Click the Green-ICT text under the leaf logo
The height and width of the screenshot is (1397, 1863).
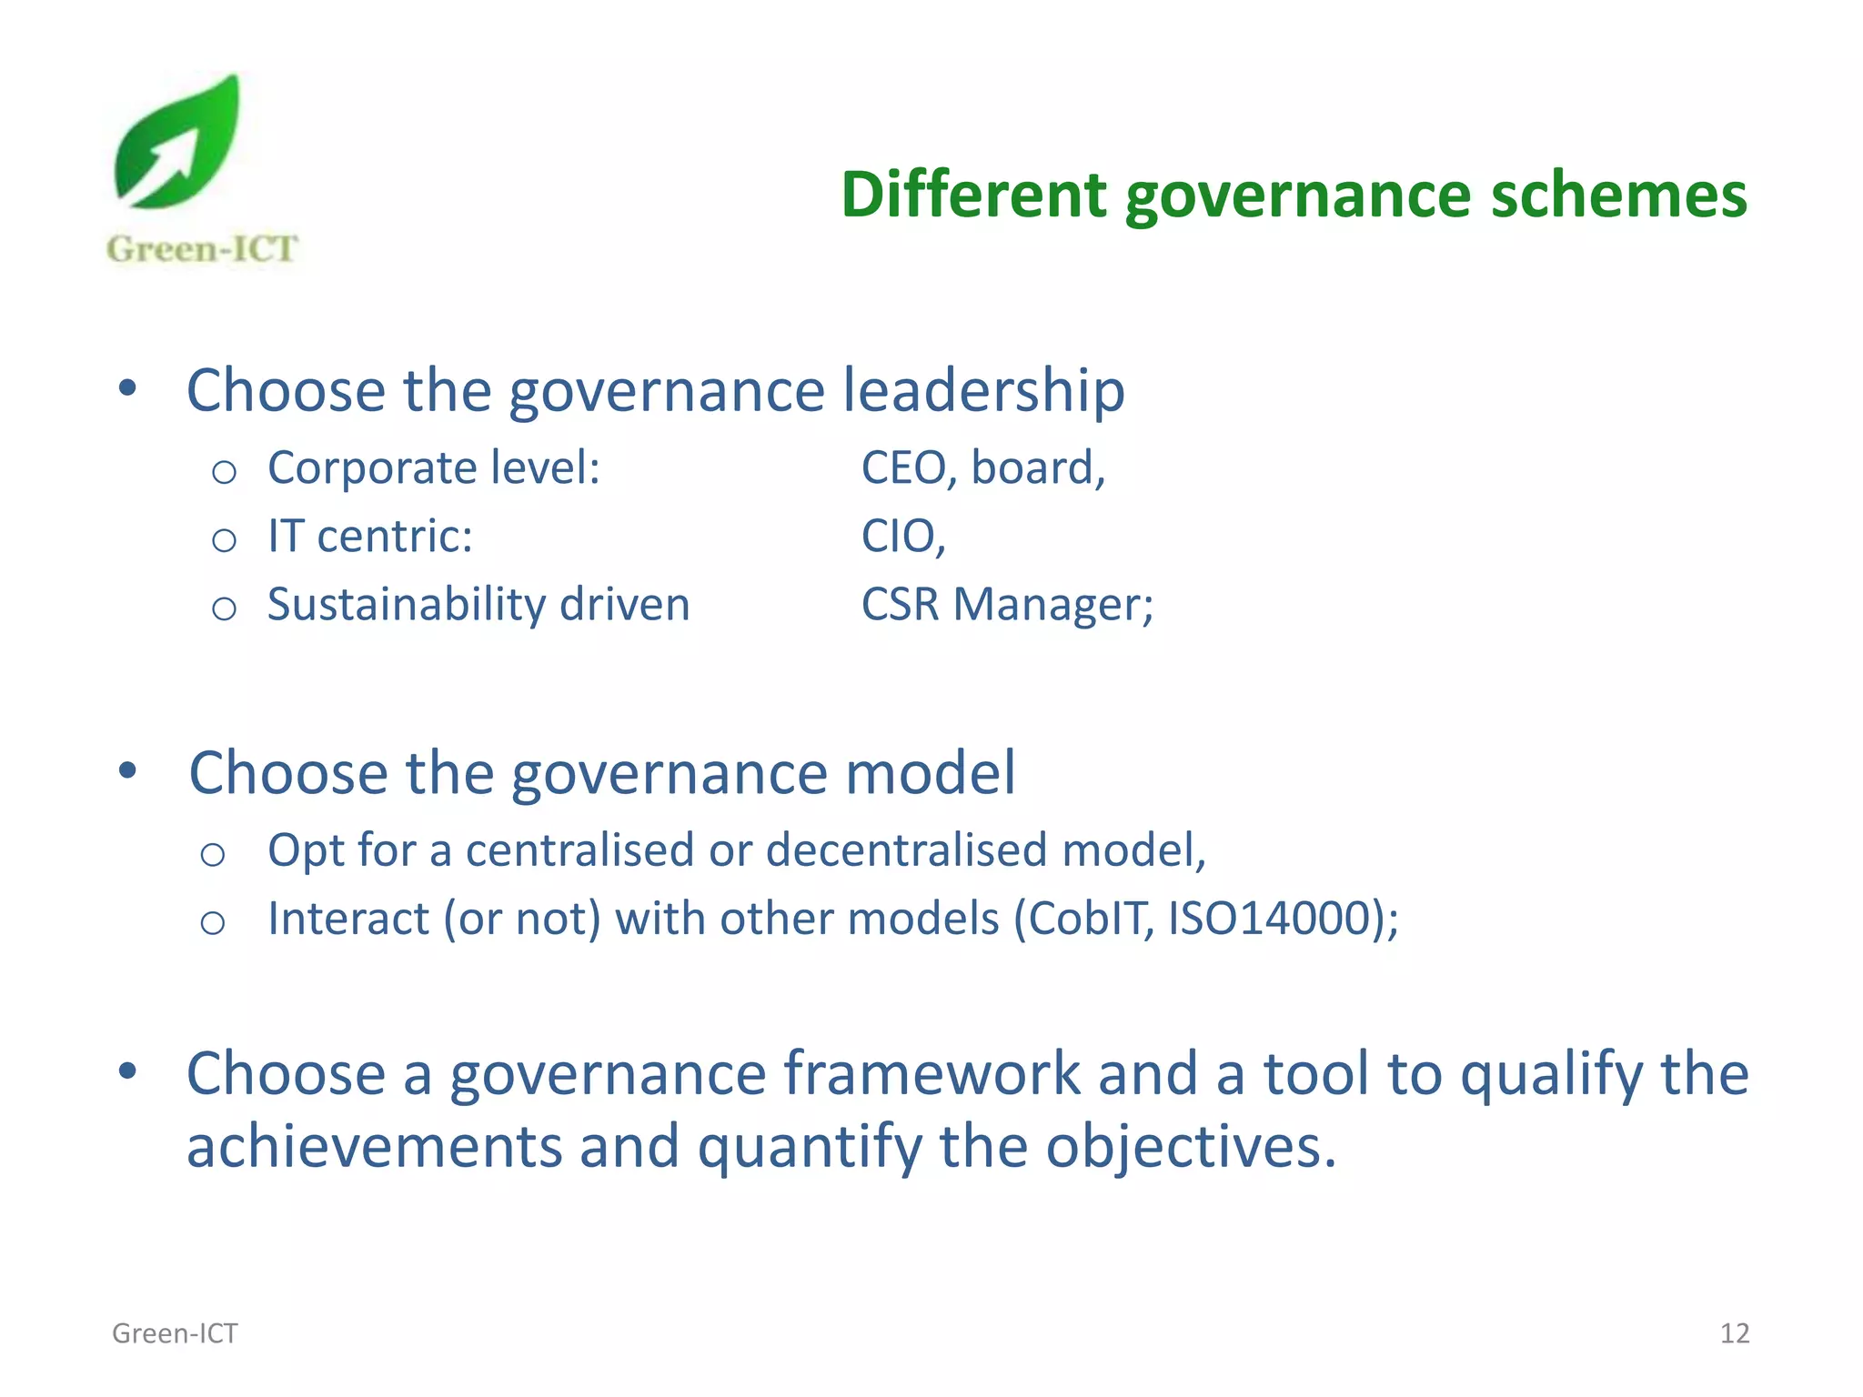pyautogui.click(x=202, y=249)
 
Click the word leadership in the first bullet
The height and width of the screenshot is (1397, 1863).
pyautogui.click(x=983, y=391)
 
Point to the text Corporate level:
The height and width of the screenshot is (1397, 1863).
pyautogui.click(x=434, y=468)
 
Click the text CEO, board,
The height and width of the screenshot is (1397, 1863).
pyautogui.click(x=983, y=468)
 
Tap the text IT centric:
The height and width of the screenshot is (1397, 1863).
pyautogui.click(x=370, y=537)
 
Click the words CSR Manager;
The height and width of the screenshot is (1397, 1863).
pyautogui.click(x=1007, y=605)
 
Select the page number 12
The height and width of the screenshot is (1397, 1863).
pyautogui.click(x=1734, y=1333)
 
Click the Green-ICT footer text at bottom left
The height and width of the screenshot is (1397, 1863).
pyautogui.click(x=175, y=1333)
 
